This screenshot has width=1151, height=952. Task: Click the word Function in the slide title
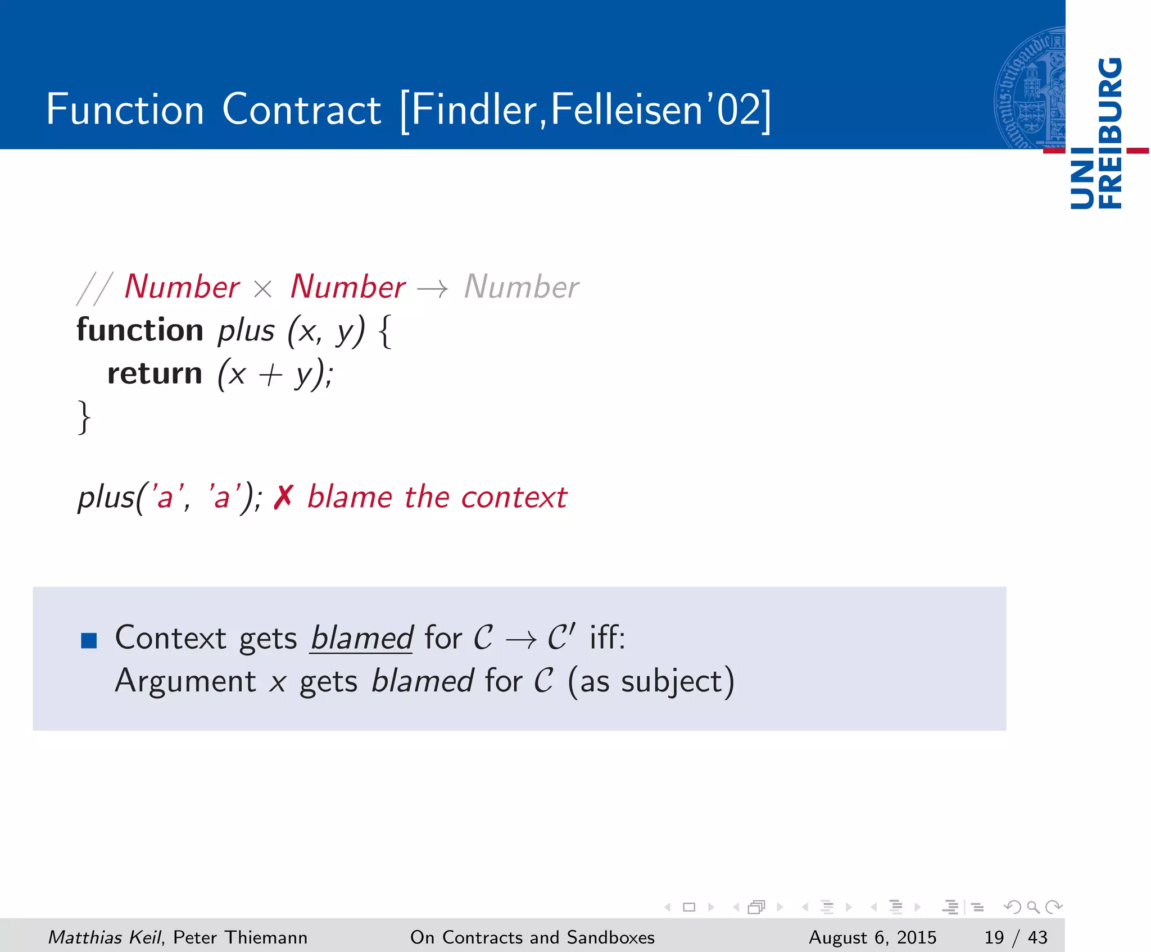tap(125, 109)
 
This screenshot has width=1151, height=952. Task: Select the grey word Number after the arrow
tap(521, 288)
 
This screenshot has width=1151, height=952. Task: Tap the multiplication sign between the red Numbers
tap(262, 290)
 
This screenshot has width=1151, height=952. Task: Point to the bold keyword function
tap(140, 330)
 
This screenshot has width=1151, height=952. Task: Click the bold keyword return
tap(155, 374)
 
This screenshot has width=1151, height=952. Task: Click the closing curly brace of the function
tap(84, 417)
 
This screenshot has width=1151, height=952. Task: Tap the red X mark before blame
tap(283, 498)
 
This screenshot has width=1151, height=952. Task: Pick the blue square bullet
tap(89, 640)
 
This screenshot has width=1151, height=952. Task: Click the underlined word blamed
tap(362, 639)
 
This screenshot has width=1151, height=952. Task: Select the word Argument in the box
tap(185, 681)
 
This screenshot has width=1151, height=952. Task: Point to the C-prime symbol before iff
tap(560, 637)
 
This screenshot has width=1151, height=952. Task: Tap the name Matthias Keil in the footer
tap(105, 937)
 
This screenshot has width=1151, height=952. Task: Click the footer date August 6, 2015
tap(872, 937)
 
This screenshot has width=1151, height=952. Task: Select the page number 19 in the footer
tap(994, 937)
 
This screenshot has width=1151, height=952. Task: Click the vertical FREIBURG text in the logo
tap(1110, 133)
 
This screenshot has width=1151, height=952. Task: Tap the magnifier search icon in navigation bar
tap(1033, 907)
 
